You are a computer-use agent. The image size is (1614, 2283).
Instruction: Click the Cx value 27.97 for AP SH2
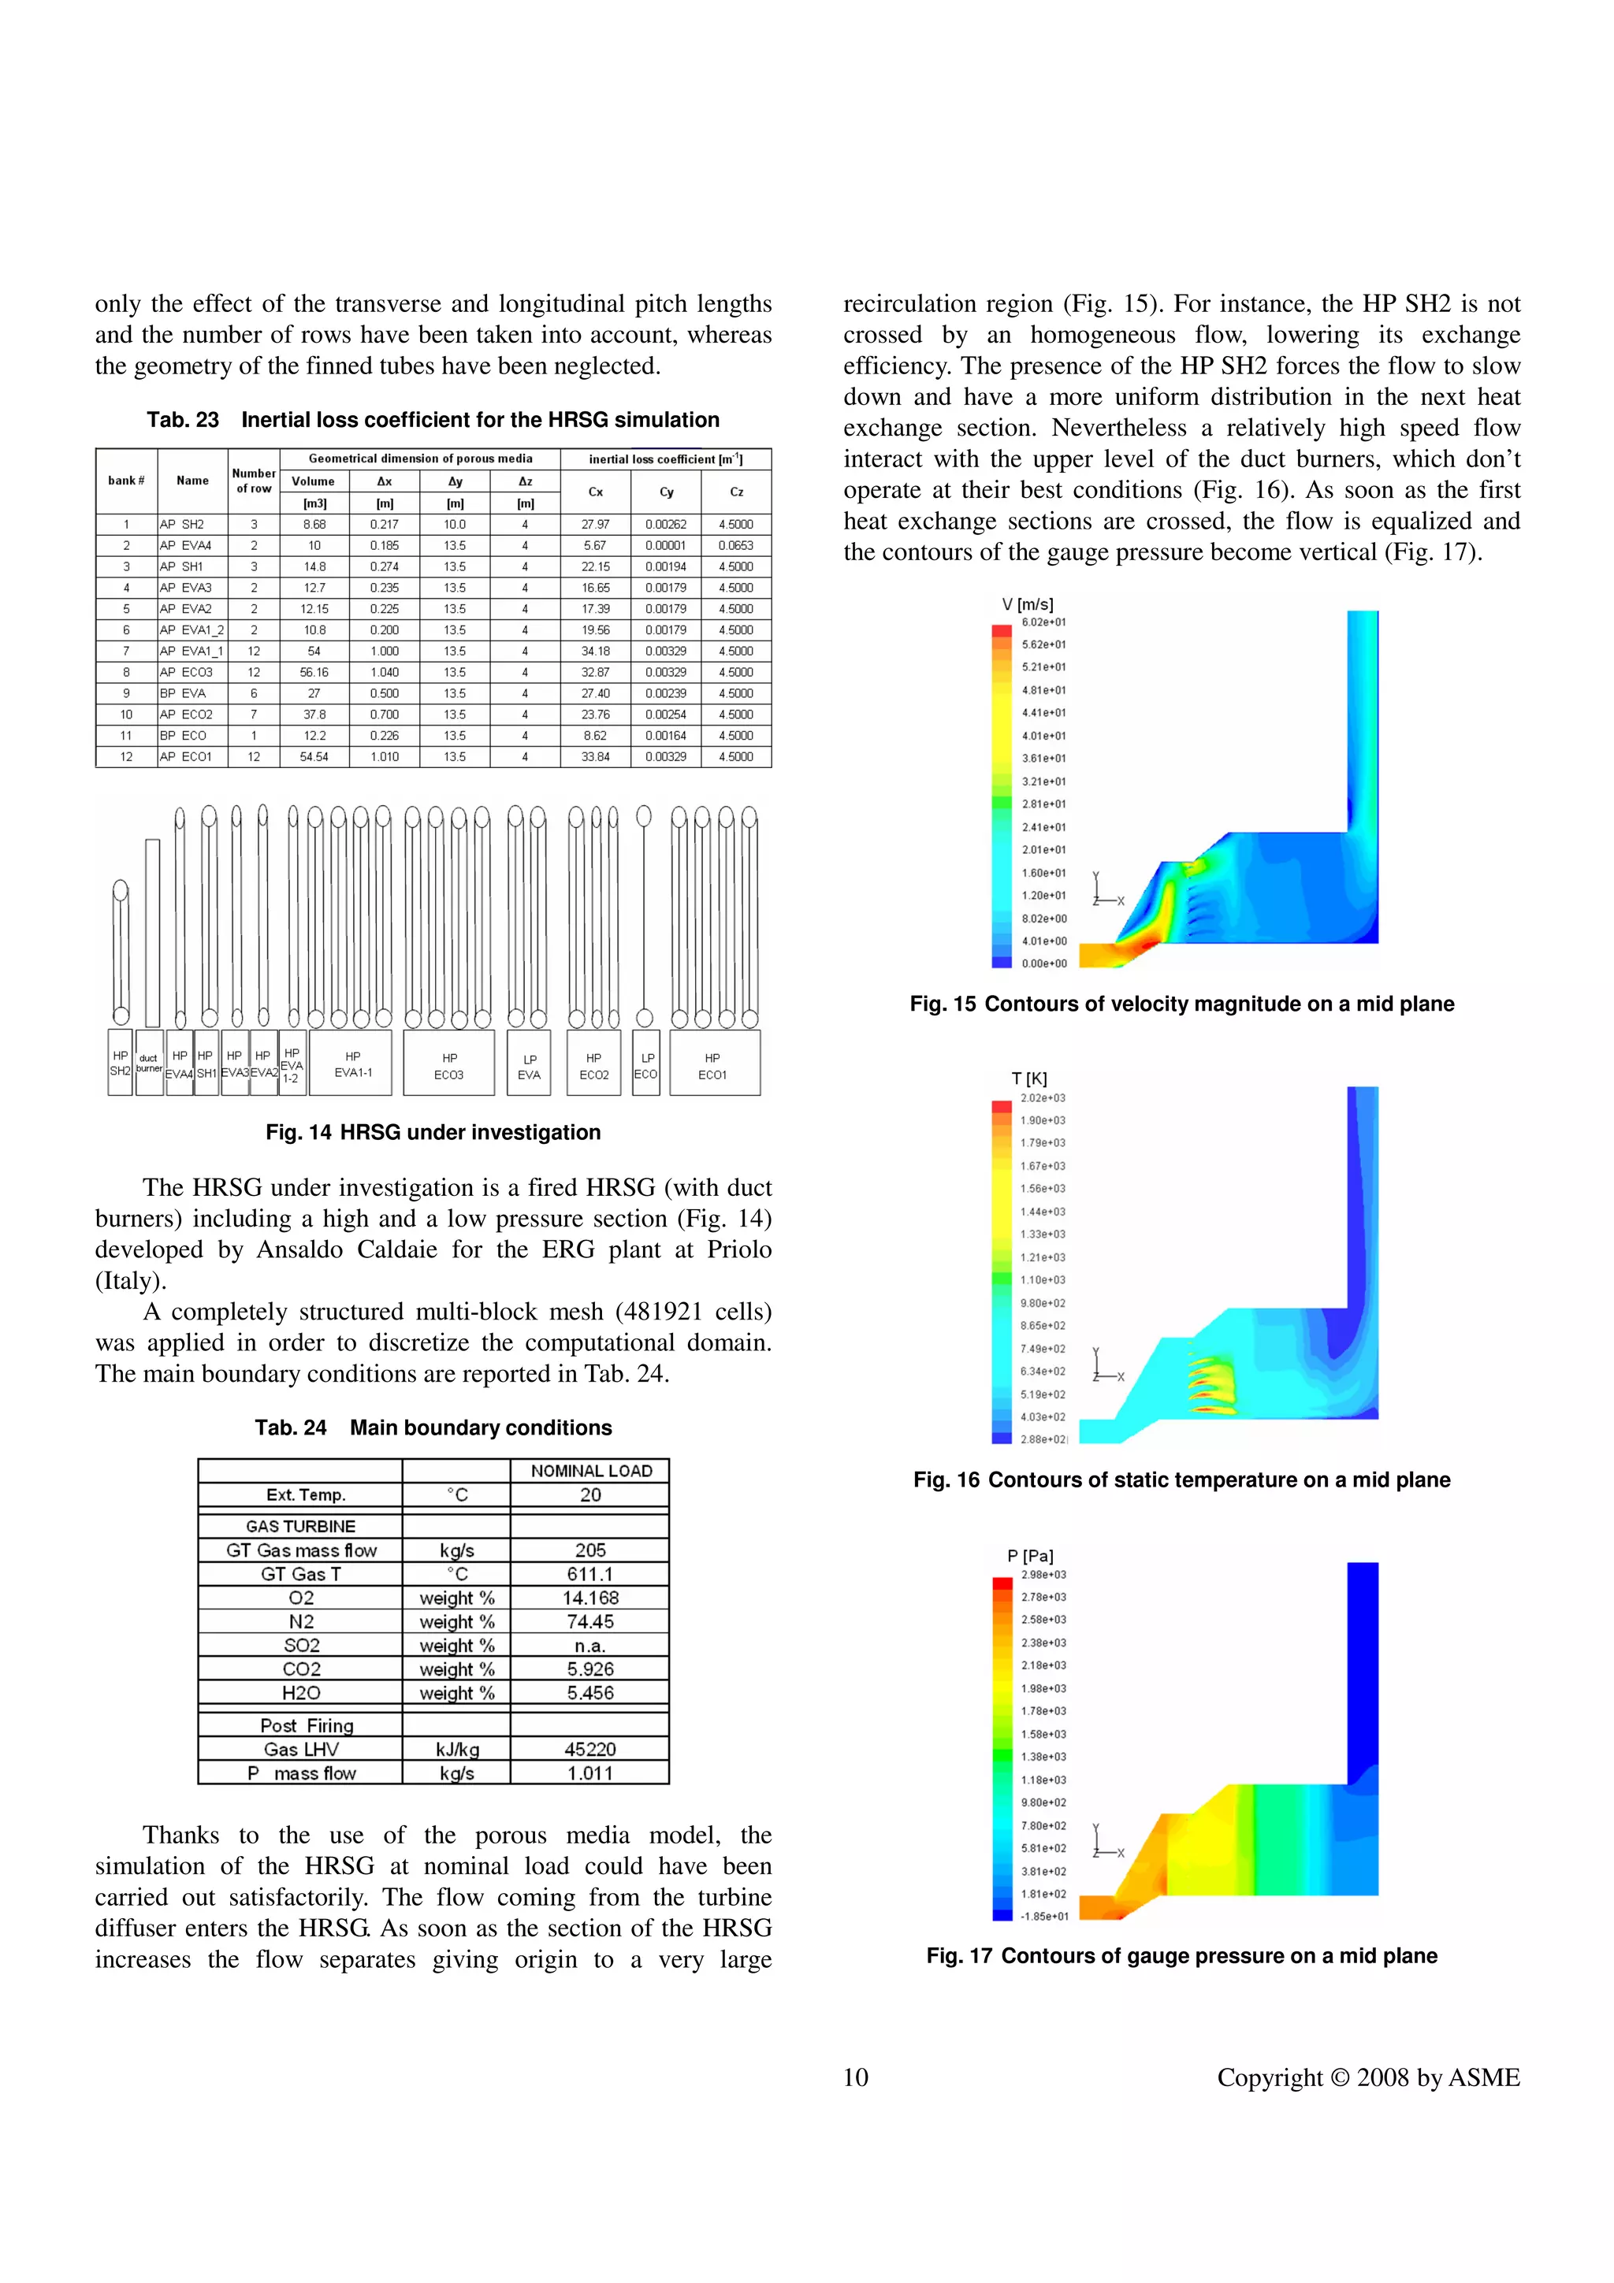coord(595,524)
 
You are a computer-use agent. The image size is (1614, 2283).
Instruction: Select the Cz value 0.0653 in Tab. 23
coord(736,546)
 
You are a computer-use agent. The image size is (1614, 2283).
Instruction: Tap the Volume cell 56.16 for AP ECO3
coord(314,672)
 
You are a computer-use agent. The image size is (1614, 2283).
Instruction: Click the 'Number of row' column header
coord(254,481)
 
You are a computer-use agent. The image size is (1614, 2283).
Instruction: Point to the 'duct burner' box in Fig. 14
coord(149,1063)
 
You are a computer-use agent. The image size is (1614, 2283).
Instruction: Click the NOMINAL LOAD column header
coord(591,1471)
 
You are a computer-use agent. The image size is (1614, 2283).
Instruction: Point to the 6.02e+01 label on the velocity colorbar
coord(1043,622)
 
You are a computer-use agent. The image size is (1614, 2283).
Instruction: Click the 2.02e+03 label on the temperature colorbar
coord(1042,1097)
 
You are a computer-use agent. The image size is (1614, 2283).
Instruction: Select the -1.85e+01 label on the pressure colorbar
coord(1043,1916)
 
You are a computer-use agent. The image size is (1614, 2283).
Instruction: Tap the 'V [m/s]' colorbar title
coord(1028,603)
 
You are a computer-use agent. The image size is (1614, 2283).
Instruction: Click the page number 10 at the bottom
coord(855,2077)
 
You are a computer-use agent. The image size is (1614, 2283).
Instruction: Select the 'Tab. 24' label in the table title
coord(290,1428)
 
